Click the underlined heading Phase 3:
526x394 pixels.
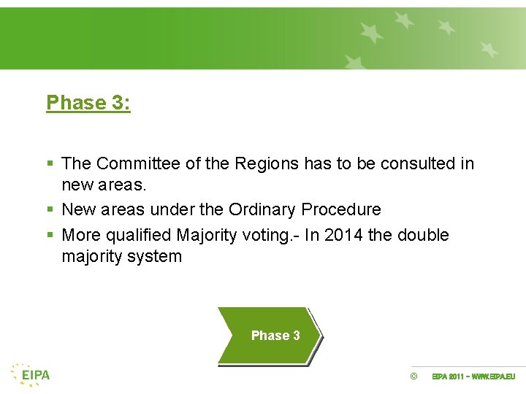[x=88, y=103]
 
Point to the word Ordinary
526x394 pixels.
[x=262, y=210]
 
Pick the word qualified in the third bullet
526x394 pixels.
[x=137, y=236]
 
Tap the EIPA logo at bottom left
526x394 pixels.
[x=31, y=374]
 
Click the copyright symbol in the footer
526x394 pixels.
[x=413, y=376]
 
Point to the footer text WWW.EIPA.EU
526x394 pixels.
[x=493, y=376]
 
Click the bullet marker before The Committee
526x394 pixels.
[x=49, y=164]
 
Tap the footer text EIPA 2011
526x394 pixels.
[x=447, y=376]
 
